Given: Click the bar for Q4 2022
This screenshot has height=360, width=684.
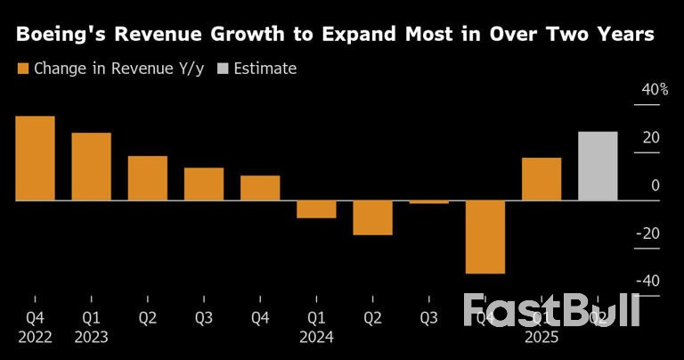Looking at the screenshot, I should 35,159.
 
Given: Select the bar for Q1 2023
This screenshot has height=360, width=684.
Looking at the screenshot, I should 91,167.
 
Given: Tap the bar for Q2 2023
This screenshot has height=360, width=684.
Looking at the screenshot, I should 147,178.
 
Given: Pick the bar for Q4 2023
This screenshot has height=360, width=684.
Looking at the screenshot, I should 260,188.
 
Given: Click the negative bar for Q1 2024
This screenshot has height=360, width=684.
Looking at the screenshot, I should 316,209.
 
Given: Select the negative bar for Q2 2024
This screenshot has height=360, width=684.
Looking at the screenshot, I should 372,218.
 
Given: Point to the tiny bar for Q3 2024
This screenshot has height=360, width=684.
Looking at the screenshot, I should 428,202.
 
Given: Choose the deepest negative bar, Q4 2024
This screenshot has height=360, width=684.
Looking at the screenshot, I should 484,237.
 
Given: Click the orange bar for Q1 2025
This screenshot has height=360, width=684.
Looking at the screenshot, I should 541,179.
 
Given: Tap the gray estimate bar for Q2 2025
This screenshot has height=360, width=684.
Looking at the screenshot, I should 598,166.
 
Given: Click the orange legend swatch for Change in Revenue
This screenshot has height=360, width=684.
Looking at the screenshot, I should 22,69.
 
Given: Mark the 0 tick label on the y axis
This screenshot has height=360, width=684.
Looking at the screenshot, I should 655,185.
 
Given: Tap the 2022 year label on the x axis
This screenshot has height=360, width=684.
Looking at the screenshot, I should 35,337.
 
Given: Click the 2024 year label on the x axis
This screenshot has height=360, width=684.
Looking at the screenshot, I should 316,337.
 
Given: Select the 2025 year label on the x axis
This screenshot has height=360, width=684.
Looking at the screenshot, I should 541,337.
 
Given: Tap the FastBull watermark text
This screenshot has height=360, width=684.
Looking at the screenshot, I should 552,310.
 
